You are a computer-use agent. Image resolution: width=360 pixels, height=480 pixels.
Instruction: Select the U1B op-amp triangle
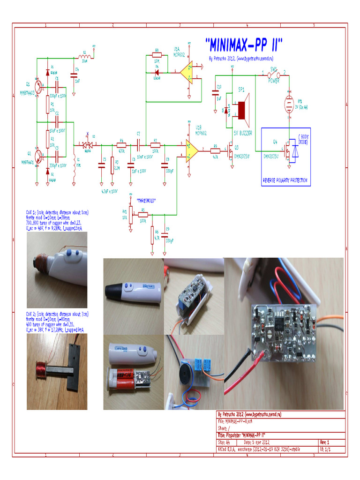click(x=191, y=150)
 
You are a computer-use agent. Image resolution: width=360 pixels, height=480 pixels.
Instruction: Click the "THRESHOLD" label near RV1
click(x=146, y=201)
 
